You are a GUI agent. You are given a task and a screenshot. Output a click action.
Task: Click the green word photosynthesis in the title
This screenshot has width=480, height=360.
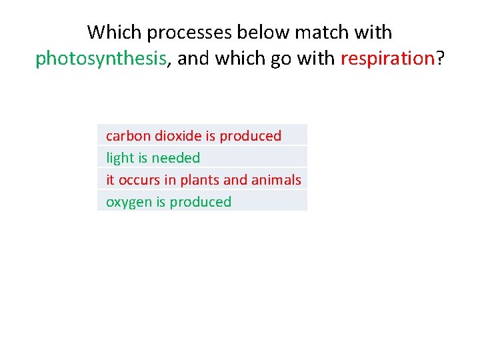point(101,59)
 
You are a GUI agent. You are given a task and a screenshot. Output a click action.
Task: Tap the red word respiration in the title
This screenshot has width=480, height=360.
point(387,59)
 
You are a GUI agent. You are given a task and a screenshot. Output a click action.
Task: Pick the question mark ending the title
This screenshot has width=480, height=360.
point(440,59)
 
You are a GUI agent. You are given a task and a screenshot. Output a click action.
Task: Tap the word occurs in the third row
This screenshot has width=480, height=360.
point(139,180)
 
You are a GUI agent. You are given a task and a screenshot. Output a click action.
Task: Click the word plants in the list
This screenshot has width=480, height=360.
point(200,180)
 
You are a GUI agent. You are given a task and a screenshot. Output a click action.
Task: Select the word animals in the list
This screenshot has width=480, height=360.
point(276,180)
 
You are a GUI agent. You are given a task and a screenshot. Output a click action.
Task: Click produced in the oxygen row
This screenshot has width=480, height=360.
point(200,202)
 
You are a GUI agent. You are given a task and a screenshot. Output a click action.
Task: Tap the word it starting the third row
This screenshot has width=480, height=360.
point(110,180)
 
